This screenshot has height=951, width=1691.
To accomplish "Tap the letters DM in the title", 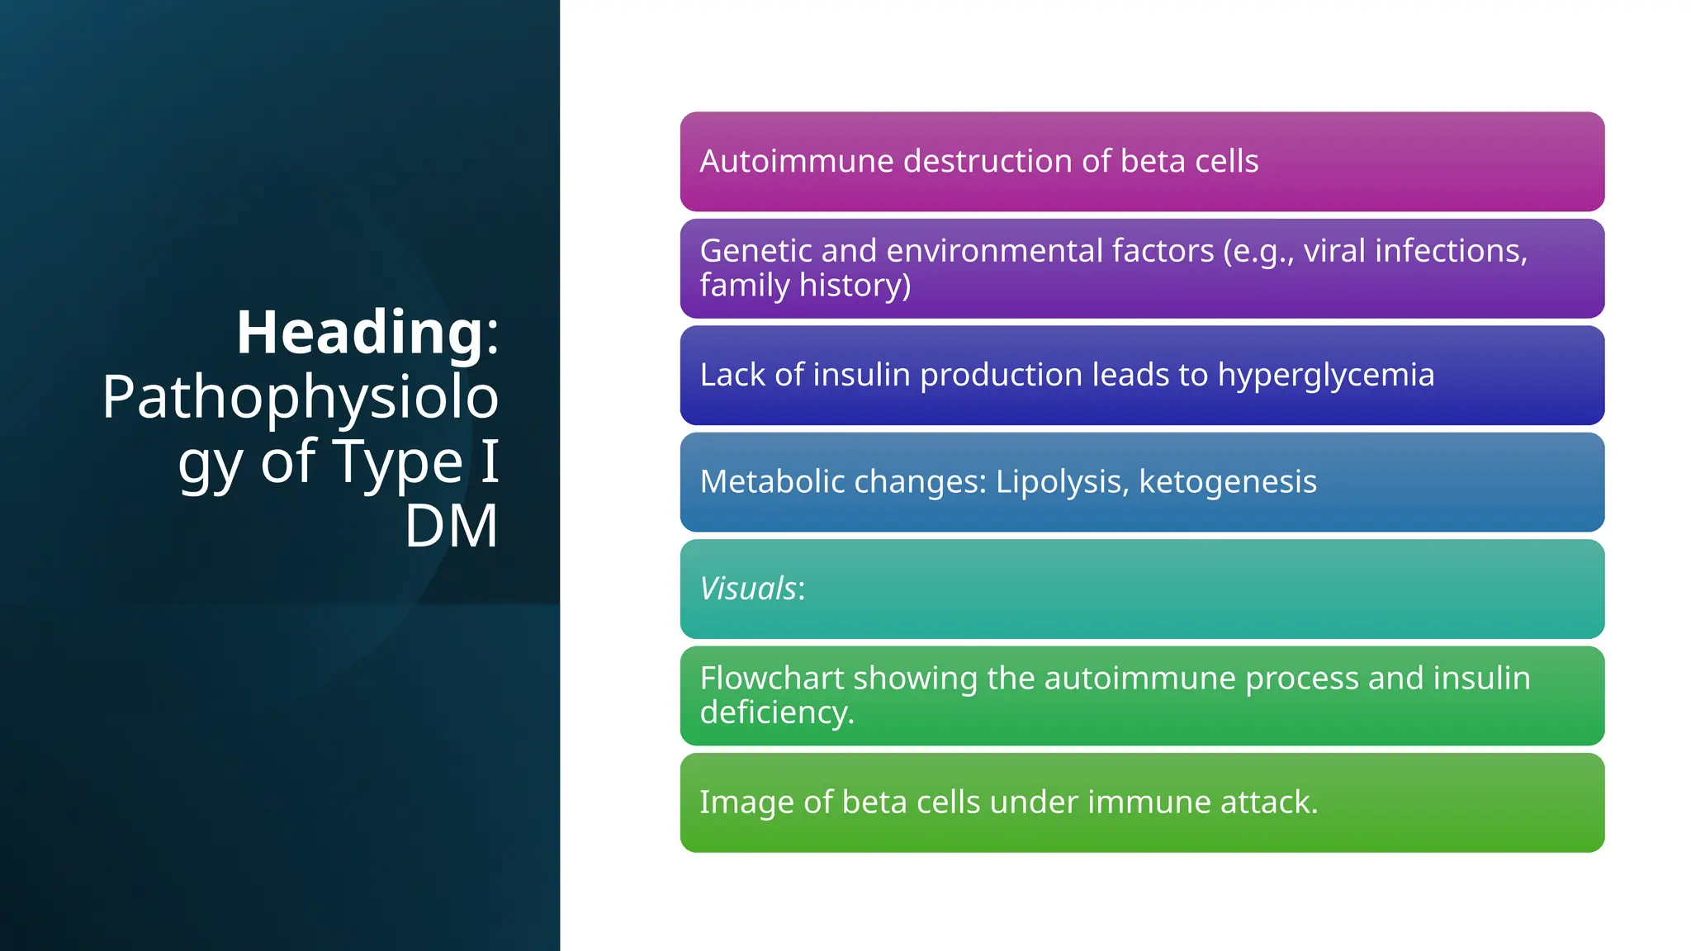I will (x=451, y=526).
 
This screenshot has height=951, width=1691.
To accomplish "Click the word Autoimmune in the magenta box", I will (x=796, y=161).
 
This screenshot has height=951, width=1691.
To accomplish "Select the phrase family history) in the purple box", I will (x=805, y=285).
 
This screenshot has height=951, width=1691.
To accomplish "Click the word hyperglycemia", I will (x=1325, y=375).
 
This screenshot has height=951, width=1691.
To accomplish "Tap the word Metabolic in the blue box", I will (x=771, y=481).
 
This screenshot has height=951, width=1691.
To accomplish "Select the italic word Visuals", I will (x=748, y=589).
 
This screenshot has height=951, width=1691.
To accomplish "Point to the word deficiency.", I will (x=776, y=712).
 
